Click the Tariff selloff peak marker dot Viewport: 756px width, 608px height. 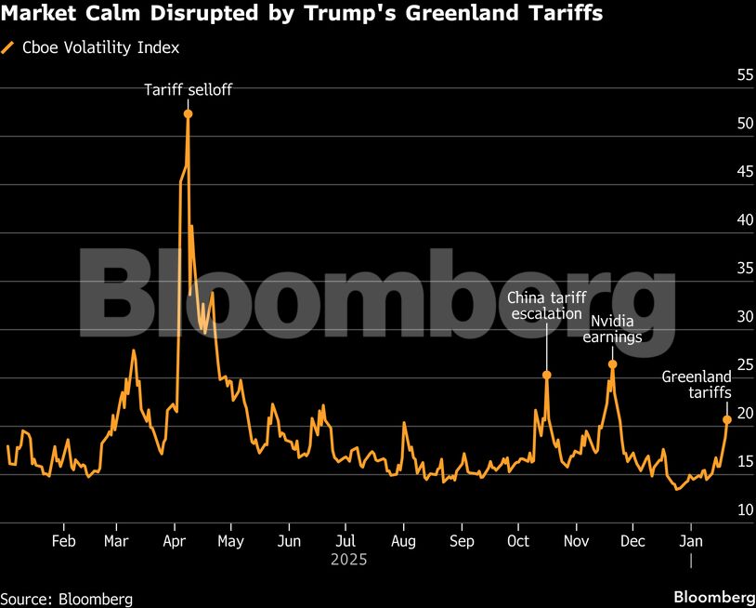pyautogui.click(x=188, y=113)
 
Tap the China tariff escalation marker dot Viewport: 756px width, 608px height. pyautogui.click(x=546, y=376)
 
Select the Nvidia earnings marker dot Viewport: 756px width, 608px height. pyautogui.click(x=612, y=364)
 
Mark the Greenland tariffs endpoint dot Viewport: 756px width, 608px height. pyautogui.click(x=726, y=419)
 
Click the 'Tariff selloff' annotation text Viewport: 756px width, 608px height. pyautogui.click(x=188, y=90)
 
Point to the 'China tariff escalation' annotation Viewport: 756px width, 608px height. pyautogui.click(x=546, y=306)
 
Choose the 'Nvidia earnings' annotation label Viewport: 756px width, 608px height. pyautogui.click(x=612, y=329)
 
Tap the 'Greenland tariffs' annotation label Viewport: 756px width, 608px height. pyautogui.click(x=697, y=385)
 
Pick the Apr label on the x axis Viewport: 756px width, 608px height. pyautogui.click(x=176, y=541)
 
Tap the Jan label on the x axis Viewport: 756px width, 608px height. pyautogui.click(x=691, y=541)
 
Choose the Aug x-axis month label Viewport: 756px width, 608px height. pyautogui.click(x=403, y=541)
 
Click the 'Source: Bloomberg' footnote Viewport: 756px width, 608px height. pyautogui.click(x=67, y=599)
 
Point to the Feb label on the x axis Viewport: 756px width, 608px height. pyautogui.click(x=63, y=541)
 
